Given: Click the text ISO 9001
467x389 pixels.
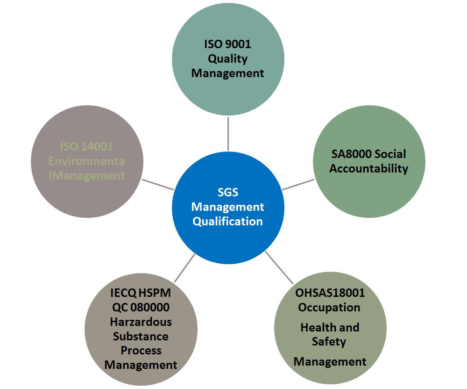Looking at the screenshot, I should point(227,44).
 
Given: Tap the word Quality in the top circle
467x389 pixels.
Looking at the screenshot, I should point(227,59).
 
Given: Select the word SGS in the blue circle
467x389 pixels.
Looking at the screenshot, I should point(227,192).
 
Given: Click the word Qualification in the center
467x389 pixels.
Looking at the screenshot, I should point(227,221).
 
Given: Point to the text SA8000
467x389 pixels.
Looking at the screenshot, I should point(351,154).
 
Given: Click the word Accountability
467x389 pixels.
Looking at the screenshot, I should point(368,168).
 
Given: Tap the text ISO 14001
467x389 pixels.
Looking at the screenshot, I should point(86,146).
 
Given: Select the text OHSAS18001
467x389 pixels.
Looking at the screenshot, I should point(330,293).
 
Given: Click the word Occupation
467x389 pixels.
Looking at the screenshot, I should point(329,308).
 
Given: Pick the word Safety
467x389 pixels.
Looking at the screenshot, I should point(329,341).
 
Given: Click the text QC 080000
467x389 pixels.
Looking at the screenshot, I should point(141,307).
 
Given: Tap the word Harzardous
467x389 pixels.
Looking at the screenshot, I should point(141,322).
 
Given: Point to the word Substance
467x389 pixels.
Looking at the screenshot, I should point(141,336).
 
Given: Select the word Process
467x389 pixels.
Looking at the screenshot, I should point(141,350).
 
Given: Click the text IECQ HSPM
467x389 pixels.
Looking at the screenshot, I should point(141,293).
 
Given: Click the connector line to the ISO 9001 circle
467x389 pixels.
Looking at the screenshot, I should point(228,134).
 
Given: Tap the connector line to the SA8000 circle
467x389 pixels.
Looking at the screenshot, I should point(298,184).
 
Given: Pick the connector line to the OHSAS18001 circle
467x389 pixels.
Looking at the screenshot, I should point(279,267).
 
